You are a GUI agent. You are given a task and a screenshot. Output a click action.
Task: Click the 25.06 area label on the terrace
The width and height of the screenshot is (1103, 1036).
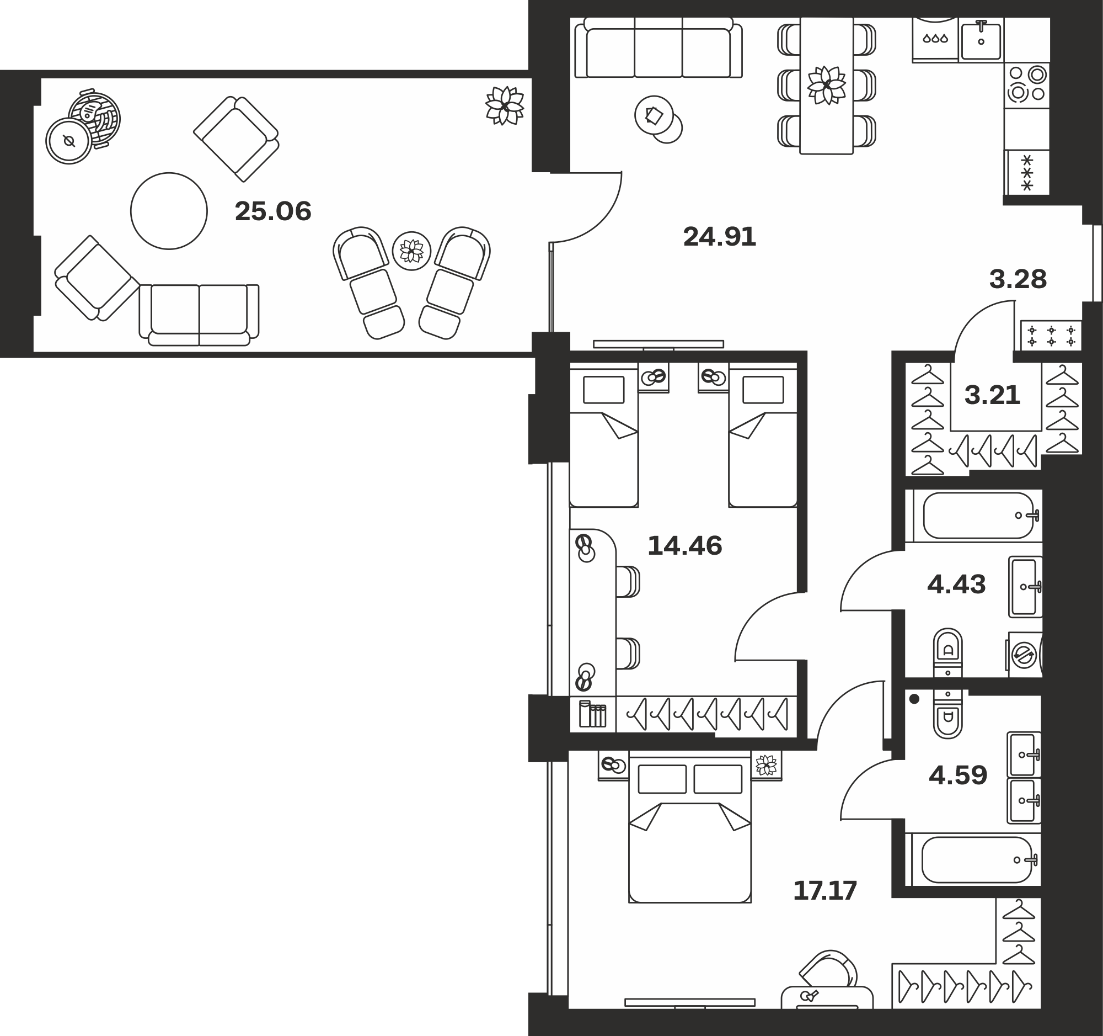click(273, 211)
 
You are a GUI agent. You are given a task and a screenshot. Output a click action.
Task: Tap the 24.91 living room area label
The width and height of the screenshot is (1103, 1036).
click(720, 237)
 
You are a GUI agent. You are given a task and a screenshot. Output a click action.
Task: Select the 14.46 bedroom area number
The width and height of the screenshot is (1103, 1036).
click(684, 546)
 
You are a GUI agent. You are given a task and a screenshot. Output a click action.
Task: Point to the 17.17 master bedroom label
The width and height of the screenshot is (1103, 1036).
click(825, 890)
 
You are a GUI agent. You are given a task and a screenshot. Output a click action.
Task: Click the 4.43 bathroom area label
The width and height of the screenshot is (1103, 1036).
click(956, 585)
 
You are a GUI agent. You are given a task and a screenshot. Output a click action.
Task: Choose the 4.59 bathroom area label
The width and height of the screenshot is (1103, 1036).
click(958, 775)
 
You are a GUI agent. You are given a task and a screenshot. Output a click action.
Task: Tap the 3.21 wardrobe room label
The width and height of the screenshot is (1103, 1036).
click(992, 395)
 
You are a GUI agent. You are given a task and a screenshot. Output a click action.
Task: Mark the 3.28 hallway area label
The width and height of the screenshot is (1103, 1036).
click(1018, 279)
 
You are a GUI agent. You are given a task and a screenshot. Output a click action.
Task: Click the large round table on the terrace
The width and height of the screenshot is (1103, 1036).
click(169, 211)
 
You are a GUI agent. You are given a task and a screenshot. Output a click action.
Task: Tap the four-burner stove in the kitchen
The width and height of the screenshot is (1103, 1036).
click(1026, 84)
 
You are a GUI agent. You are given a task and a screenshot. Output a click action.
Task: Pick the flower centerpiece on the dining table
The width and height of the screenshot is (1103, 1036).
click(827, 85)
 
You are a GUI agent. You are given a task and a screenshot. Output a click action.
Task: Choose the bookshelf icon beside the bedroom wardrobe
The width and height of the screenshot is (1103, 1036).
click(592, 714)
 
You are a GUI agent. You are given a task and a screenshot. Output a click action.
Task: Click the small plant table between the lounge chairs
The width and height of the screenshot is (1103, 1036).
click(411, 251)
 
